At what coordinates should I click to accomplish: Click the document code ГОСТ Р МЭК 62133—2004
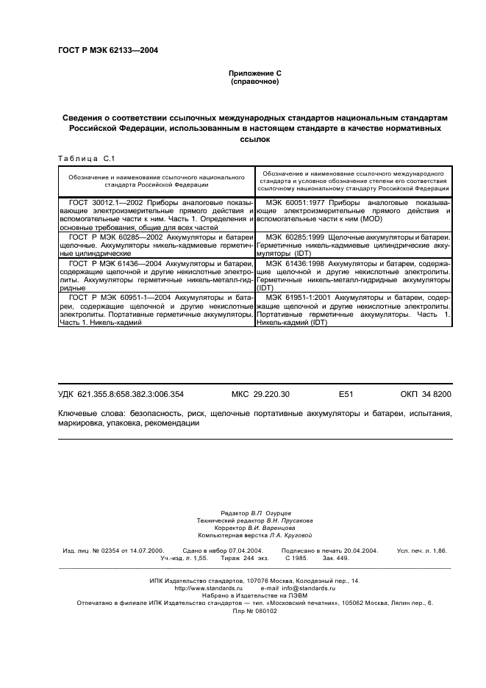107,51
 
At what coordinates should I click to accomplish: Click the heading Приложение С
254,74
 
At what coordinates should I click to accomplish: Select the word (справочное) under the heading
254,82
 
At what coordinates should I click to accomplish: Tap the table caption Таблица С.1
87,158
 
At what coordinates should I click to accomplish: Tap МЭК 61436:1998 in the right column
296,262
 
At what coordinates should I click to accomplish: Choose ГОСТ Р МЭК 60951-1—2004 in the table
119,295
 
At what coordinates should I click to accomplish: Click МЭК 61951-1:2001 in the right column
300,295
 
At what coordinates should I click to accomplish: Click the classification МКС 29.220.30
260,395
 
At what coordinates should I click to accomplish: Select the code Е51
346,395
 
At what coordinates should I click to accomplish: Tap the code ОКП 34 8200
426,395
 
